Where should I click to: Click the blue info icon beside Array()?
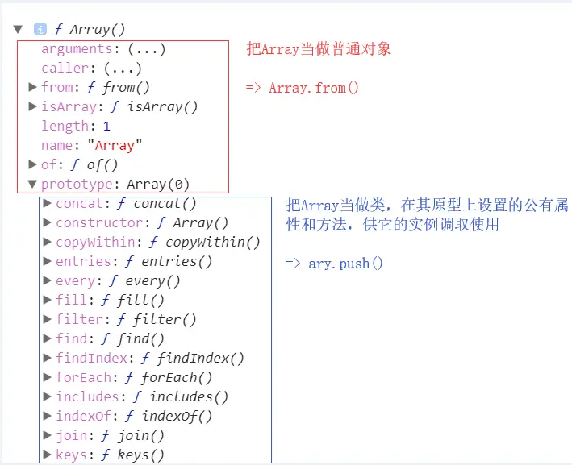coord(40,30)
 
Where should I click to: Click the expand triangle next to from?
coord(32,87)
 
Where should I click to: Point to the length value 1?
coord(106,126)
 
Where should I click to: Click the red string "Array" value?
coord(119,145)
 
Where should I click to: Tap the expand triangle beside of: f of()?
coord(32,164)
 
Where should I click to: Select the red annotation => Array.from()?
coord(302,88)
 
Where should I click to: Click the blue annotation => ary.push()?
coord(334,264)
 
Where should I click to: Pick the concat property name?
coord(79,203)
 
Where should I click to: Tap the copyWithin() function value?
coord(213,242)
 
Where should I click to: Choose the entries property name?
coord(83,261)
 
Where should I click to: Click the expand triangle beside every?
coord(47,280)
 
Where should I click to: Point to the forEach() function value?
coord(177,377)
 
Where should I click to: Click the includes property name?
coord(87,396)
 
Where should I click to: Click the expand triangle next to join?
coord(47,435)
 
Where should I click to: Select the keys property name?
coord(72,455)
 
